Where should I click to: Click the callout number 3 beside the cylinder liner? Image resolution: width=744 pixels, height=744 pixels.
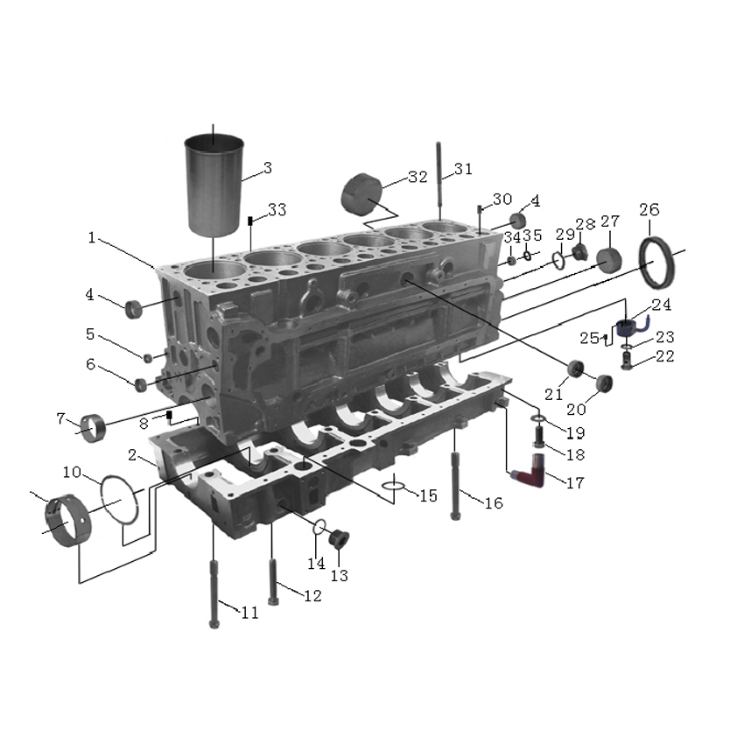pyautogui.click(x=268, y=168)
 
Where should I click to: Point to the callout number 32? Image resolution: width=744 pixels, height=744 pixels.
pyautogui.click(x=418, y=177)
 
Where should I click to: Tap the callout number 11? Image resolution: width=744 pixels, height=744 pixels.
pyautogui.click(x=250, y=613)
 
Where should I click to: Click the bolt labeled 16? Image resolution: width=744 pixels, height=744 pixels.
pyautogui.click(x=455, y=487)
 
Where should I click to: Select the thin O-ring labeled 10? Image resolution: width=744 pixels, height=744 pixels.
pyautogui.click(x=119, y=499)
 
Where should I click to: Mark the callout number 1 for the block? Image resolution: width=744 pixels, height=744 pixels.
pyautogui.click(x=92, y=238)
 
